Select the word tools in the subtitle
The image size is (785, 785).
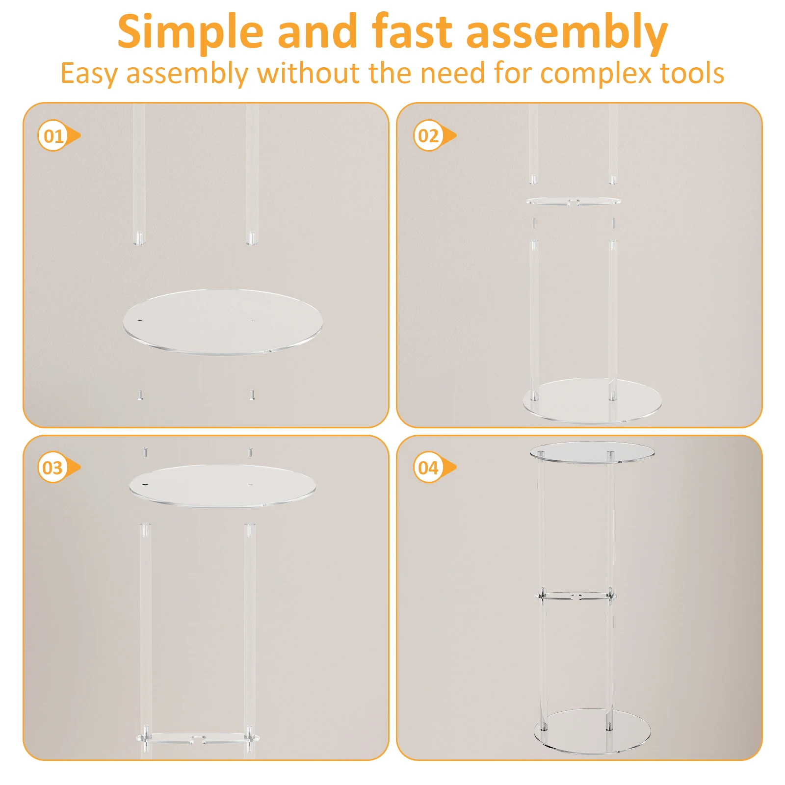(692, 74)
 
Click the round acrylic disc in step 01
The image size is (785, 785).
(222, 322)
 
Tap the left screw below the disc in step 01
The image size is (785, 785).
(140, 395)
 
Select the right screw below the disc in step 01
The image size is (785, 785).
(252, 395)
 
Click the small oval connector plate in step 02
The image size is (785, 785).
(573, 201)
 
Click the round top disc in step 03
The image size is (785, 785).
(222, 486)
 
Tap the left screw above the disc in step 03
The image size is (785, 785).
(145, 451)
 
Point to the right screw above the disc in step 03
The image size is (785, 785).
(251, 451)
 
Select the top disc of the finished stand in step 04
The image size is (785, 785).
(592, 452)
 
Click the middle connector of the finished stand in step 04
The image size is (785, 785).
(576, 597)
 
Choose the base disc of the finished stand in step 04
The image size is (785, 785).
(592, 731)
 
